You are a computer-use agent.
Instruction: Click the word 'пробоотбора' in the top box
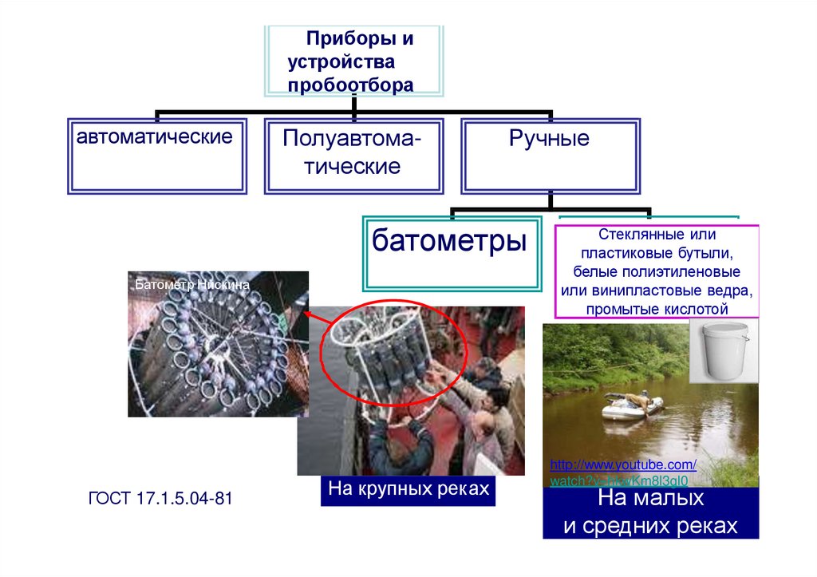coord(351,85)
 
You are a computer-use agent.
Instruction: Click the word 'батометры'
coord(449,240)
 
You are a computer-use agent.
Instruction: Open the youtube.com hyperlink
coord(623,465)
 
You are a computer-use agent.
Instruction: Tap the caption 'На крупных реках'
coord(408,488)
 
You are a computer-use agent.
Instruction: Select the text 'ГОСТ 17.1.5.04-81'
coord(160,500)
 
